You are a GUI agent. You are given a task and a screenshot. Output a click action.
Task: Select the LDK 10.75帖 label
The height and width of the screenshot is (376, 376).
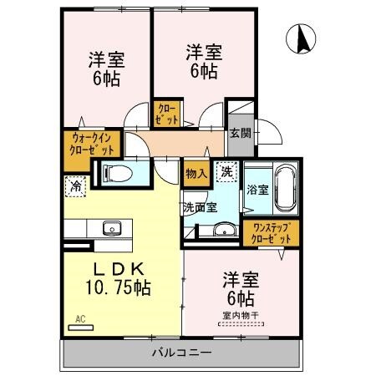(x=119, y=278)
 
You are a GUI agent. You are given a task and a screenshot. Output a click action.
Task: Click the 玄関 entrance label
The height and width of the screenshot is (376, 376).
(x=241, y=131)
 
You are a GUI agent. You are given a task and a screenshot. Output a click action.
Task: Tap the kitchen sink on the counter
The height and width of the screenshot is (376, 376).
(x=111, y=227)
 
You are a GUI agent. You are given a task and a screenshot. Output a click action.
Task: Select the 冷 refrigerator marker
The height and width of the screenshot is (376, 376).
(x=77, y=185)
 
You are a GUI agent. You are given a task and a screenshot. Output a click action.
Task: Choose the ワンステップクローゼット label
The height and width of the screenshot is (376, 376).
(x=270, y=233)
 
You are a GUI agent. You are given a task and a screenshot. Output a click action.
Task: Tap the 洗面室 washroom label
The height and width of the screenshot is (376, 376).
(x=201, y=206)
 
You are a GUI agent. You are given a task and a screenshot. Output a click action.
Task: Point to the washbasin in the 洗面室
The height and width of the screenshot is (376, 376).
(x=221, y=232)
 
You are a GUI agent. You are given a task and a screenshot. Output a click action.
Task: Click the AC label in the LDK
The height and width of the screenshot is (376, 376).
(x=81, y=318)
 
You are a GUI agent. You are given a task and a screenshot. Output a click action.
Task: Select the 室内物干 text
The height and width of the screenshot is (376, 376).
(x=239, y=314)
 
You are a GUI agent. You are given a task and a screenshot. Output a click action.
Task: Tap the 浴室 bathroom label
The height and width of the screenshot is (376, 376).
(x=257, y=189)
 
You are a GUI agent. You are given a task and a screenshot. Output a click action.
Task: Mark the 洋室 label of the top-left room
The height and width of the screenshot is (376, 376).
(x=107, y=60)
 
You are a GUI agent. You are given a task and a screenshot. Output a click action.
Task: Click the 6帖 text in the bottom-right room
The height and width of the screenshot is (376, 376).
(x=239, y=297)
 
